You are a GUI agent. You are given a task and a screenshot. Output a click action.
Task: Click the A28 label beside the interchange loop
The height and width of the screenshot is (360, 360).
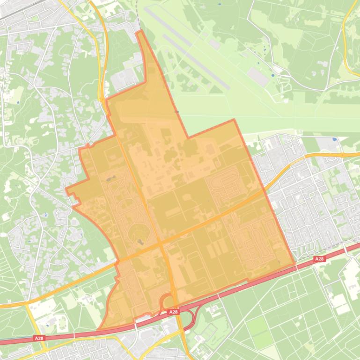tap(173, 312)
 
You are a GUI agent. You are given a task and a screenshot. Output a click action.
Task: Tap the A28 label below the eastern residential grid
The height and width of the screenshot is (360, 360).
tap(319, 259)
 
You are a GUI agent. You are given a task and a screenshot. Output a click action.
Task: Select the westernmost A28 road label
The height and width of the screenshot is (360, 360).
tap(39, 338)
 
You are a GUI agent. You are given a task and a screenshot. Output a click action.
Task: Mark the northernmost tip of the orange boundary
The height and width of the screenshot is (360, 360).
tap(139, 31)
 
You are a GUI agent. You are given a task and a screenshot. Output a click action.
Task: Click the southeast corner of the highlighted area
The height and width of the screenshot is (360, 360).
tap(295, 264)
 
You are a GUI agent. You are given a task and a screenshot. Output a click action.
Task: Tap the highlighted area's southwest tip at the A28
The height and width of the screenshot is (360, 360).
tap(100, 329)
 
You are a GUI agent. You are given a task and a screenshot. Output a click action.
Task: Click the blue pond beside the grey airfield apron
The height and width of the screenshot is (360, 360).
tap(273, 75)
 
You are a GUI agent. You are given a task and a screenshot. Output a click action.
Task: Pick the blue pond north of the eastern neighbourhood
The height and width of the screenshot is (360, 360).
tap(334, 139)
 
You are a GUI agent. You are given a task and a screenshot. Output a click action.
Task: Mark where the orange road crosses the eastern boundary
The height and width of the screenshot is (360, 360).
tap(263, 189)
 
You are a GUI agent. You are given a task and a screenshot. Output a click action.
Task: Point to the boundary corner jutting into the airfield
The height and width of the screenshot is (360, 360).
tap(234, 120)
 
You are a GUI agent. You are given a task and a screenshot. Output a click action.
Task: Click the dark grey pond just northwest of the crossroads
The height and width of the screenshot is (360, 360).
tap(141, 241)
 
